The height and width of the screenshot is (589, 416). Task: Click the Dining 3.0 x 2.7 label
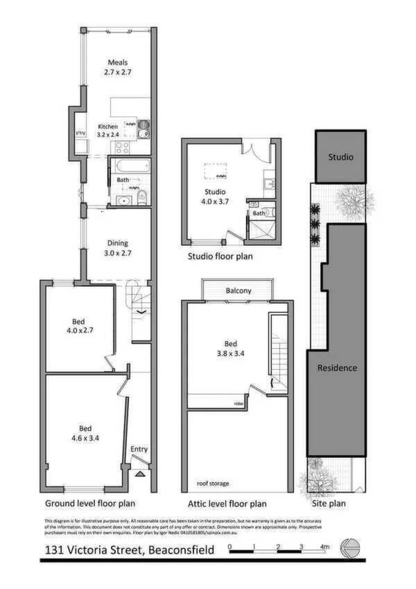pyautogui.click(x=116, y=248)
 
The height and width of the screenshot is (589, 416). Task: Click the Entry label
pyautogui.click(x=139, y=450)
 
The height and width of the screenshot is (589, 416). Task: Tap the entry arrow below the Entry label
pyautogui.click(x=139, y=474)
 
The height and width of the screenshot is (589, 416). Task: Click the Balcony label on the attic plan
pyautogui.click(x=238, y=291)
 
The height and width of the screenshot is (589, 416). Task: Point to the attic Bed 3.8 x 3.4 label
pyautogui.click(x=232, y=348)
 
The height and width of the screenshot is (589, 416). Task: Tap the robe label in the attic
pyautogui.click(x=238, y=403)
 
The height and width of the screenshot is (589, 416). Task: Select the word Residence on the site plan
pyautogui.click(x=338, y=368)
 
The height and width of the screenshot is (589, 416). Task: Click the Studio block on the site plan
pyautogui.click(x=340, y=157)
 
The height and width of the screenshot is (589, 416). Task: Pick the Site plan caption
pyautogui.click(x=328, y=504)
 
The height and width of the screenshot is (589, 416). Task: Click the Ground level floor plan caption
pyautogui.click(x=90, y=504)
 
